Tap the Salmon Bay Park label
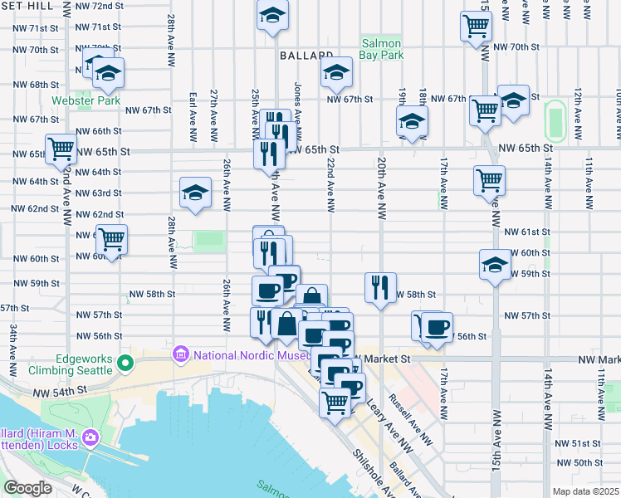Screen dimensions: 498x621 pyautogui.click(x=381, y=50)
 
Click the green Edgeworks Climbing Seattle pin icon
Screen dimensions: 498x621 pyautogui.click(x=125, y=362)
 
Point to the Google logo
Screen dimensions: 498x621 pyautogui.click(x=28, y=488)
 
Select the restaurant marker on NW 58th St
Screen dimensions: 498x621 pyautogui.click(x=380, y=288)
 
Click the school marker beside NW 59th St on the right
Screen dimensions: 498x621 pyautogui.click(x=495, y=266)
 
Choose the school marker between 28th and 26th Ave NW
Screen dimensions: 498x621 pyautogui.click(x=195, y=193)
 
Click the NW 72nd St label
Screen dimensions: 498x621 pyautogui.click(x=97, y=6)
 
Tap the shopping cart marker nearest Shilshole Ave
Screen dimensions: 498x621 pyautogui.click(x=335, y=403)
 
